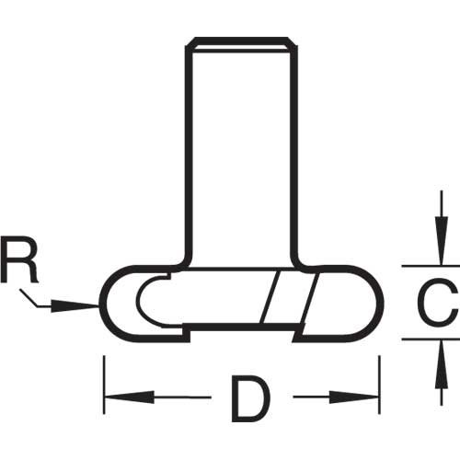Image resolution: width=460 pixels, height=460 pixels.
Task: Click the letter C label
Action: click(438, 303)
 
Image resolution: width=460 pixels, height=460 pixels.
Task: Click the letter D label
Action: click(250, 398)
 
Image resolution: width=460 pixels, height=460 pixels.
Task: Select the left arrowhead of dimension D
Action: click(129, 397)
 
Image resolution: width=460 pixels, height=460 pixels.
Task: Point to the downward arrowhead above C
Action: click(442, 240)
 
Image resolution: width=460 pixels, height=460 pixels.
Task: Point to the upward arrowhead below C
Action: click(442, 364)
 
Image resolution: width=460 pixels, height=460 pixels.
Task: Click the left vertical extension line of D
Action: click(104, 385)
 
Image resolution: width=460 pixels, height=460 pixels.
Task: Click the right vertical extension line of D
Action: click(380, 385)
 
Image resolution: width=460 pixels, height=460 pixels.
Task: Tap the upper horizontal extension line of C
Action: click(431, 266)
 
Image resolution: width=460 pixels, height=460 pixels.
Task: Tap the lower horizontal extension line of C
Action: click(431, 339)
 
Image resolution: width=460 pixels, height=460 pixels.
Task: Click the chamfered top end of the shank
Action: click(241, 44)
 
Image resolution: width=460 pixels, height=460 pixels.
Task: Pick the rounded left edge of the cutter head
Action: click(104, 304)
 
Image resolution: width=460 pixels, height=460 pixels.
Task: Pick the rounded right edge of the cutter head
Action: click(379, 304)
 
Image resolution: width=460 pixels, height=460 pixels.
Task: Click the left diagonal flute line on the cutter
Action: click(270, 297)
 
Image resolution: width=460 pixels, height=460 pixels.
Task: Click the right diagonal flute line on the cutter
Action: click(309, 302)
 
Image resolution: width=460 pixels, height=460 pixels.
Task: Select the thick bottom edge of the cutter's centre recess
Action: click(241, 327)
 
